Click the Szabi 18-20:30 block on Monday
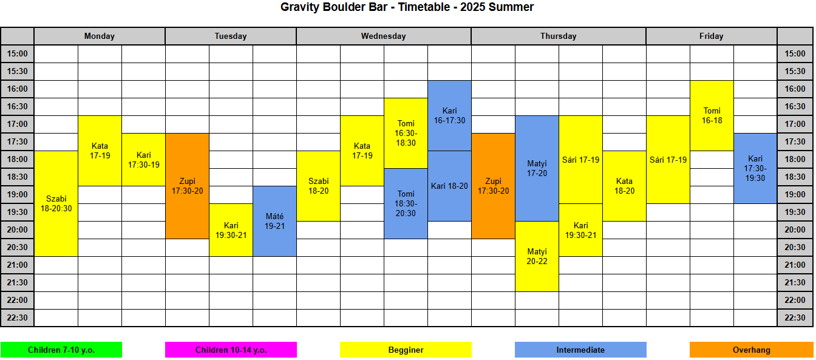coord(56,203)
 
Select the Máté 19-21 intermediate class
coord(274,221)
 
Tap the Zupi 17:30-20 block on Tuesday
coord(187,186)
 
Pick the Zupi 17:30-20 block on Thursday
coord(493,186)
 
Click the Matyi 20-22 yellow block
coord(537,256)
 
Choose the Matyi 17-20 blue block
coord(537,168)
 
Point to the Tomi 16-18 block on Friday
coord(712,115)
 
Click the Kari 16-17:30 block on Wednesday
coord(449,115)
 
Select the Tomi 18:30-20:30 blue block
coord(406,203)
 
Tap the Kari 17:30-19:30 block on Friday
coord(755,168)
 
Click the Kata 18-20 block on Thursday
coord(624,186)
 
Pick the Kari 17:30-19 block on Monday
coord(143,160)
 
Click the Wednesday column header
coord(384,36)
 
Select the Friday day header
coord(712,36)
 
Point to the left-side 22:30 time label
coord(17,318)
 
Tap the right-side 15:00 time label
coord(795,53)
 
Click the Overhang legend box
coord(752,350)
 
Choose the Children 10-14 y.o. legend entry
coord(231,350)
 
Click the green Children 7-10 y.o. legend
coord(61,350)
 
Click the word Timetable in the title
coord(424,7)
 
